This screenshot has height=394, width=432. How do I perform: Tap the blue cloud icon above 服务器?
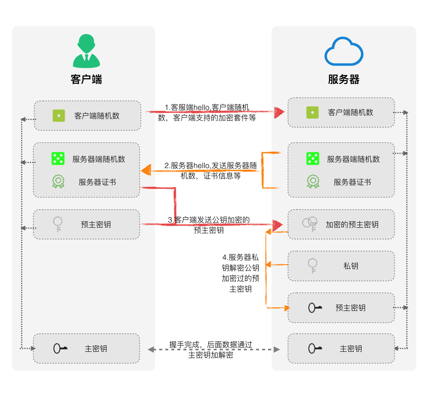click(344, 52)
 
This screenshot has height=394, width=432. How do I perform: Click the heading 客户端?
click(86, 79)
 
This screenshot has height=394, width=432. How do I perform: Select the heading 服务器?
click(344, 79)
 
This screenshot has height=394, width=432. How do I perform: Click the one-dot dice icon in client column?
click(59, 116)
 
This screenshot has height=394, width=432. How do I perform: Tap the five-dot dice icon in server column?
click(313, 159)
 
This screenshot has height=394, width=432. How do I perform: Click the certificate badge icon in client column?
click(58, 182)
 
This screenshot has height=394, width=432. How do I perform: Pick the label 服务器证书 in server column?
click(352, 182)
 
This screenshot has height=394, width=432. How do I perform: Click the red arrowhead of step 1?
click(279, 112)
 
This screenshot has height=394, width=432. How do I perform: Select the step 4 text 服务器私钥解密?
click(241, 263)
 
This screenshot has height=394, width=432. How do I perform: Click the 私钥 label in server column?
click(351, 266)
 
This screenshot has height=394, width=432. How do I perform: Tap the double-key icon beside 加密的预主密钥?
click(310, 224)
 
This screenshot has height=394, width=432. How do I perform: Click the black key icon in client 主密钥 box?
click(60, 348)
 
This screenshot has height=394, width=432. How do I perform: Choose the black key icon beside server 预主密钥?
click(315, 308)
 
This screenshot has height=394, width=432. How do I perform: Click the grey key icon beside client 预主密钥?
click(58, 224)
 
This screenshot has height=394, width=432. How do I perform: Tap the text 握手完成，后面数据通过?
click(211, 345)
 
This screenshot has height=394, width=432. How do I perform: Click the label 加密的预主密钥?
click(352, 225)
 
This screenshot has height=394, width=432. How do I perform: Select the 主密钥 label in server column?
click(351, 349)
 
